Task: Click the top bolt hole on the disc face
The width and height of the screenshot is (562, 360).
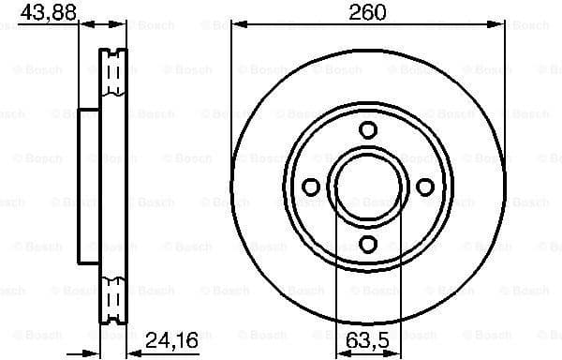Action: (x=368, y=130)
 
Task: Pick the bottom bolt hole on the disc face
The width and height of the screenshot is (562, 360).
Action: (x=368, y=245)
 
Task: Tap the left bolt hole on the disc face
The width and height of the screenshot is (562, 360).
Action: (x=311, y=187)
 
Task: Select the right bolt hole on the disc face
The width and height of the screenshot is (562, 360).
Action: (x=425, y=187)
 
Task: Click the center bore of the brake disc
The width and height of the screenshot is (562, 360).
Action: (x=368, y=187)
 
